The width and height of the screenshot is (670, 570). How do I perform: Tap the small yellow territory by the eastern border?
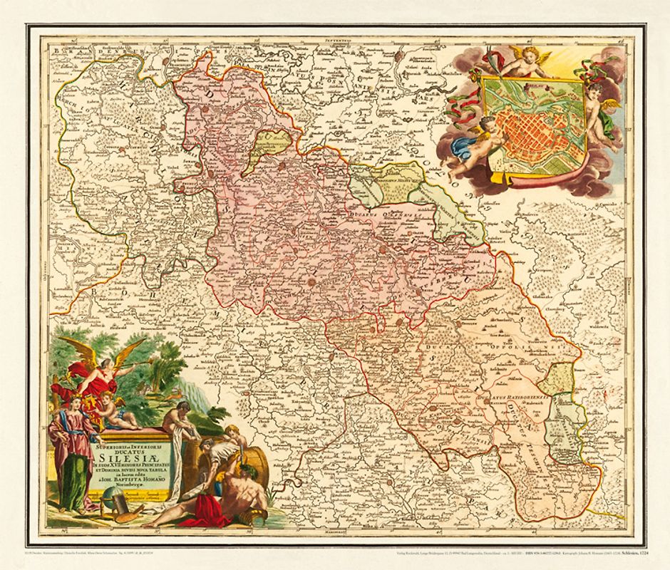(560, 378)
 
